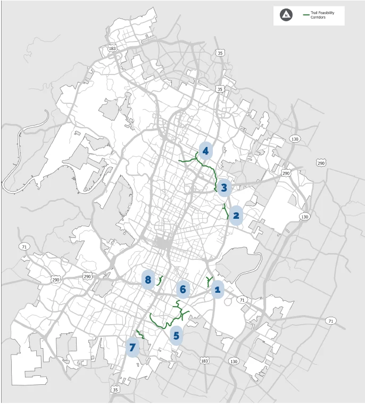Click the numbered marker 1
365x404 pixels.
[x=217, y=290]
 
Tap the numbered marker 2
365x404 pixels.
[x=236, y=216]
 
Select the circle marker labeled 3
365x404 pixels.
[x=224, y=187]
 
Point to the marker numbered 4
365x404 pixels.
[x=205, y=151]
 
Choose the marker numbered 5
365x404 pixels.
[x=177, y=336]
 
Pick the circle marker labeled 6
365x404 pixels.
[x=183, y=289]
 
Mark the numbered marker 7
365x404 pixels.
[x=132, y=347]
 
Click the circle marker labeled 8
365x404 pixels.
[x=148, y=279]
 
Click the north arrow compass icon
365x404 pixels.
[x=286, y=15]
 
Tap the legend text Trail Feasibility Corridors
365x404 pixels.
[x=322, y=15]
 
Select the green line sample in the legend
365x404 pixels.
[x=306, y=14]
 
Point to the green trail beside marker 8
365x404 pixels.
[x=160, y=281]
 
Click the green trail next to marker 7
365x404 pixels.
[x=140, y=334]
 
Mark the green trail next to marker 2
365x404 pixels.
[x=226, y=210]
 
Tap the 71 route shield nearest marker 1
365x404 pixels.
[x=243, y=300]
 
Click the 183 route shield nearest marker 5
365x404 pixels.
[x=205, y=361]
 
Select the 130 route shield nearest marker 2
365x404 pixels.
[x=304, y=217]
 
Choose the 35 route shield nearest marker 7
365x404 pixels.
[x=116, y=390]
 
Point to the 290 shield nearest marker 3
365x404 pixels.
[x=286, y=174]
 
